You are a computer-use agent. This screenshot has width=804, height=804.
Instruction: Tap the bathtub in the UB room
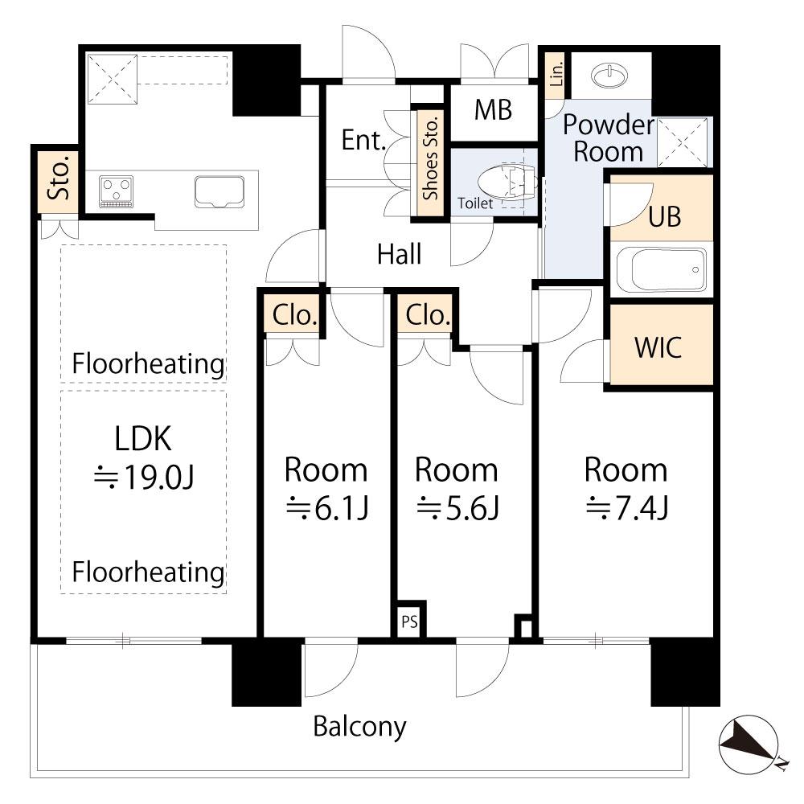pyautogui.click(x=662, y=270)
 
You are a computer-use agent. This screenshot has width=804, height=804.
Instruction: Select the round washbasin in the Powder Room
pyautogui.click(x=613, y=76)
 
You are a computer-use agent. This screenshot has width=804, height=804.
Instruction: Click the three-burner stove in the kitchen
pyautogui.click(x=117, y=192)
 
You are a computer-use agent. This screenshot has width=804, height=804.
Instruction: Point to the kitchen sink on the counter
pyautogui.click(x=219, y=191)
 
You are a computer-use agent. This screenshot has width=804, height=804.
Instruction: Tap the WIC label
pyautogui.click(x=658, y=347)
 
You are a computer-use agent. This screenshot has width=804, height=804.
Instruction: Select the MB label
pyautogui.click(x=493, y=110)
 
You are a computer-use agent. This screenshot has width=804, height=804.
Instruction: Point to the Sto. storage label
pyautogui.click(x=58, y=182)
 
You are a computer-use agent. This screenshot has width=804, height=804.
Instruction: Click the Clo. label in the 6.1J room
pyautogui.click(x=293, y=315)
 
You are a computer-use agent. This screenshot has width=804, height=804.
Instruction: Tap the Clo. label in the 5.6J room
pyautogui.click(x=426, y=315)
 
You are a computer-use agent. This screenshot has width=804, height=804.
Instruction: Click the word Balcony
pyautogui.click(x=359, y=727)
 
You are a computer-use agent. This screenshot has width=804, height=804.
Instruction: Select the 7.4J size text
pyautogui.click(x=626, y=507)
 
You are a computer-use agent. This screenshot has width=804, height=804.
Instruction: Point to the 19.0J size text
pyautogui.click(x=143, y=478)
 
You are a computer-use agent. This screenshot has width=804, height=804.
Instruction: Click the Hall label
pyautogui.click(x=400, y=255)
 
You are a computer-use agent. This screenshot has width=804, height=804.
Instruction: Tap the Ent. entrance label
pyautogui.click(x=364, y=141)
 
